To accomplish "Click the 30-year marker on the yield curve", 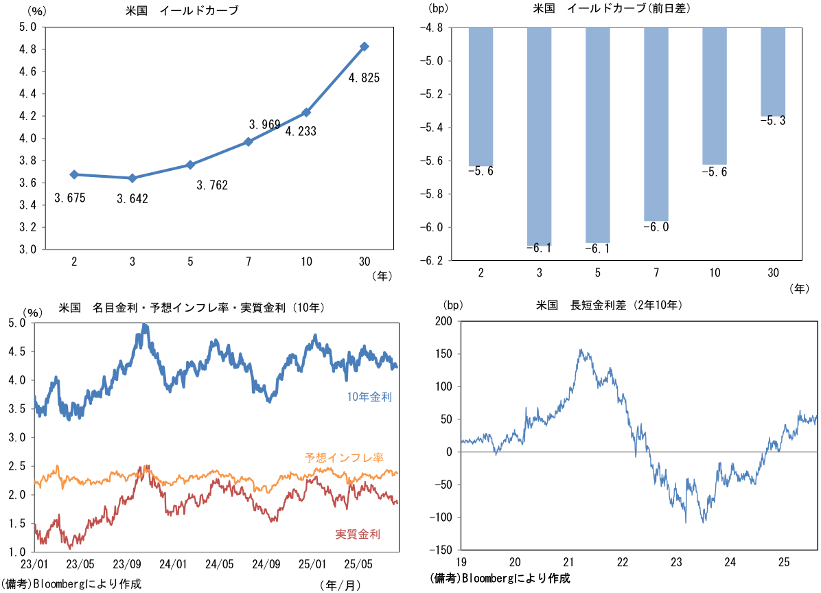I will (x=365, y=47).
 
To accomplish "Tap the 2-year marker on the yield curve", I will (x=73, y=174).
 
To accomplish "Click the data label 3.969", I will (x=264, y=124).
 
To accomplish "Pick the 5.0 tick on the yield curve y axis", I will (x=28, y=27).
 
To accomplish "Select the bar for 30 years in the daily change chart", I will (x=773, y=72).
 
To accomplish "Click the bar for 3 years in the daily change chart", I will (x=540, y=136).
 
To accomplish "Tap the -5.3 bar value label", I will (x=773, y=121).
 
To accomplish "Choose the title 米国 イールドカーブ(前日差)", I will (x=612, y=9).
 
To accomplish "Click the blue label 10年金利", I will (x=369, y=397).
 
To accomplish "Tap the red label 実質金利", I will (x=358, y=534).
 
